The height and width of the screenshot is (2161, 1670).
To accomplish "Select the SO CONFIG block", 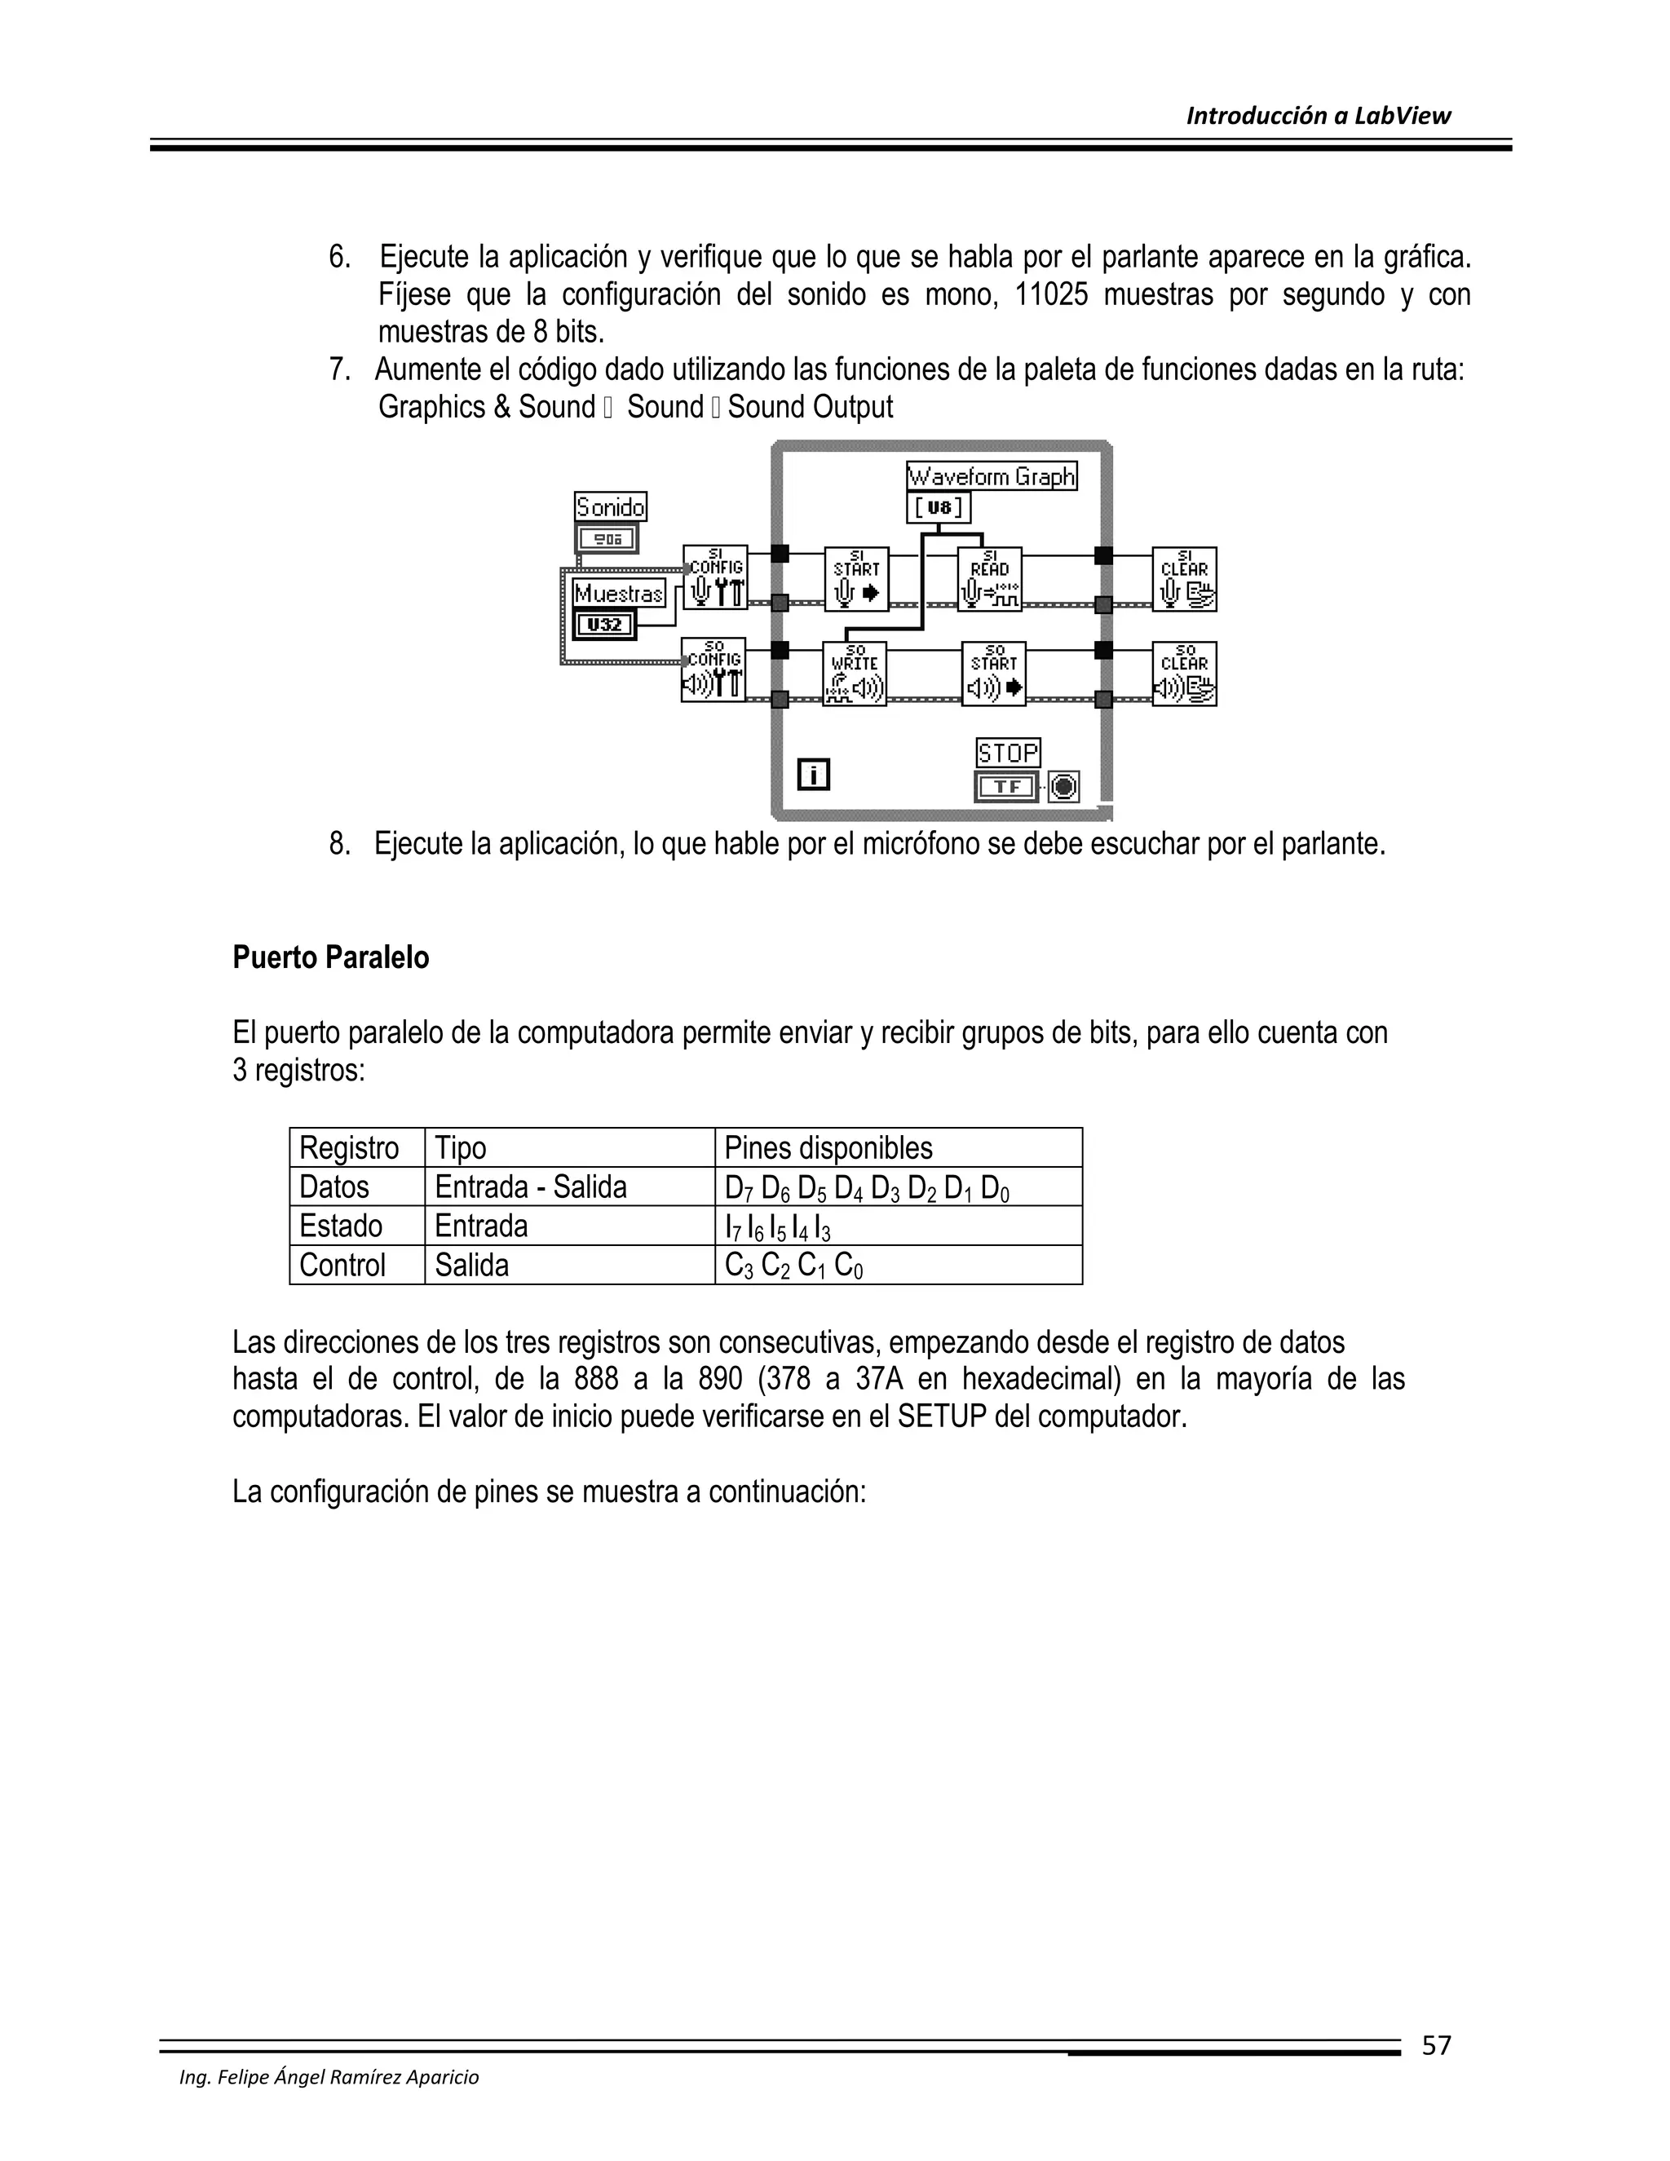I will [714, 671].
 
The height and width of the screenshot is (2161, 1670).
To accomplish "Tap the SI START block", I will [857, 579].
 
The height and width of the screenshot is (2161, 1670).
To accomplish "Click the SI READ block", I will [989, 579].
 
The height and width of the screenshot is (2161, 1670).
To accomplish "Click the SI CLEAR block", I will [1184, 579].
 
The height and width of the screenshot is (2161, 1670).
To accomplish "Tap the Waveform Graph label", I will [992, 477].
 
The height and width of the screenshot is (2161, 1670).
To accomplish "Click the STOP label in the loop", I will [1008, 753].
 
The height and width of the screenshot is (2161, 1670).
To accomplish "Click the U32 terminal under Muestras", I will [604, 625].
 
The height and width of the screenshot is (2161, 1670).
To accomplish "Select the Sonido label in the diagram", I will [611, 507].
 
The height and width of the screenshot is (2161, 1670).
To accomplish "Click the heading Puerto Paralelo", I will [330, 958].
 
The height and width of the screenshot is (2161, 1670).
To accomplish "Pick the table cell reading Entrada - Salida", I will [530, 1187].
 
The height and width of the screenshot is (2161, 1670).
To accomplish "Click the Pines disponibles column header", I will [828, 1148].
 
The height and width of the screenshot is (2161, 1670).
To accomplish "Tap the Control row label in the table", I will [342, 1265].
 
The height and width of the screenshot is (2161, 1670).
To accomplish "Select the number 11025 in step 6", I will [1049, 295].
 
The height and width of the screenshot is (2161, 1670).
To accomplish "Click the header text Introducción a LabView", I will [1318, 116].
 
